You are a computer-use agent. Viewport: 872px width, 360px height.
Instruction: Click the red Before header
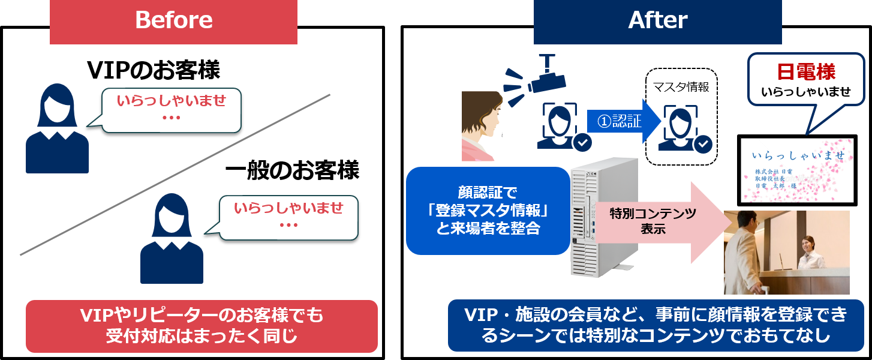point(173,22)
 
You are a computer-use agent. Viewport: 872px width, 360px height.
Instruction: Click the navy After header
point(657,22)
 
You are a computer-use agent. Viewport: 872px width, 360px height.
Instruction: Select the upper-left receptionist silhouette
point(57,129)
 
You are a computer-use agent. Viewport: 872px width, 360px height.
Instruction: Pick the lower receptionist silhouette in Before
point(172,239)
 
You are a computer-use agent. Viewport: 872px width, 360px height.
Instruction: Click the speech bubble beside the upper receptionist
point(171,110)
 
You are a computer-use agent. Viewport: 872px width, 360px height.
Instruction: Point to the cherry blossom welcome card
point(796,170)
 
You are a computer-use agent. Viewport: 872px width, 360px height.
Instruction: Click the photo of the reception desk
point(786,252)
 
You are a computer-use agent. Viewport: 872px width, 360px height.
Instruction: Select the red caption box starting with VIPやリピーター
point(202,326)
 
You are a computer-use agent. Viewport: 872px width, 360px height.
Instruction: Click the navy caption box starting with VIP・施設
point(655,326)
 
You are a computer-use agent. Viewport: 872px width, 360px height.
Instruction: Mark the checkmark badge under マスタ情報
point(702,144)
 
